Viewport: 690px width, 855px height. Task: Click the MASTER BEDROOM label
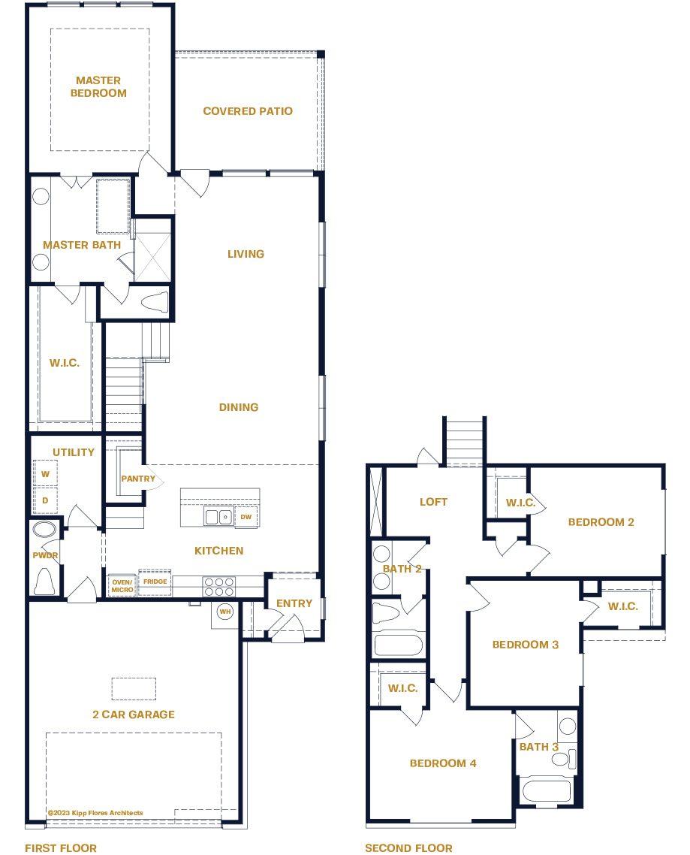coord(98,86)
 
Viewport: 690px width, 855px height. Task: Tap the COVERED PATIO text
coord(248,111)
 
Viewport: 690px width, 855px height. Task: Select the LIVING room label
coord(246,254)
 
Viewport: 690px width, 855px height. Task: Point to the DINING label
coord(239,407)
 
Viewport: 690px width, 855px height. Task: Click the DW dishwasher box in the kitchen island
coord(246,517)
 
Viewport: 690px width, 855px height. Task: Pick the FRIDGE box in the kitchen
coord(155,582)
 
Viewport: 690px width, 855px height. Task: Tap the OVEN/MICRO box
coord(122,586)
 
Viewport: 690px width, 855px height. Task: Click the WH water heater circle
coord(225,612)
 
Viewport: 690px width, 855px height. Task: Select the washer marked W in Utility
coord(45,474)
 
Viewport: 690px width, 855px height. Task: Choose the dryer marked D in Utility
coord(45,500)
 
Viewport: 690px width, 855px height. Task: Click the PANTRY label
coord(138,479)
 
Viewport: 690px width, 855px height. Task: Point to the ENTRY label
coord(294,603)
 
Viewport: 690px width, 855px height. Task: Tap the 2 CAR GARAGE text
coord(134,715)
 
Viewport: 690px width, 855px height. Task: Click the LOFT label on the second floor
coord(433,502)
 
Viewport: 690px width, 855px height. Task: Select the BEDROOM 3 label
coord(526,645)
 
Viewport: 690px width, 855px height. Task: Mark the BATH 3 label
coord(539,747)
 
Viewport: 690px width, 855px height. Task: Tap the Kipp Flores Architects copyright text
coord(95,813)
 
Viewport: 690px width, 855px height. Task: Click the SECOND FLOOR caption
coord(408,848)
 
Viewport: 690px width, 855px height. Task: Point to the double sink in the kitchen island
coord(219,517)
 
